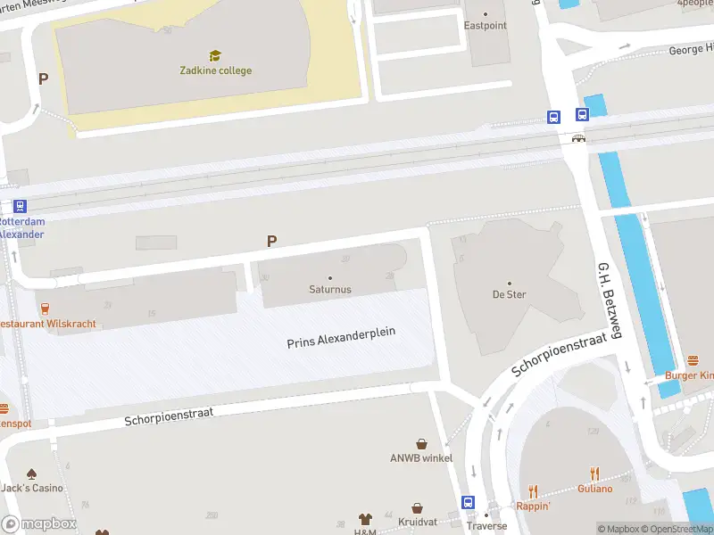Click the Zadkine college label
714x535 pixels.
(215, 70)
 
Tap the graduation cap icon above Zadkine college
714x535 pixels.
(215, 56)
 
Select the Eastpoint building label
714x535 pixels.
(485, 26)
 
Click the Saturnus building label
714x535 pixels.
(330, 289)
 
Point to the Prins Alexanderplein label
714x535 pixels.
(341, 338)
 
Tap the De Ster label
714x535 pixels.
(510, 294)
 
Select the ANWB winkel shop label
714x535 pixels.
(421, 458)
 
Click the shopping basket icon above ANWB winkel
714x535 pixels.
(421, 443)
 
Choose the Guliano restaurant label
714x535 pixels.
(594, 488)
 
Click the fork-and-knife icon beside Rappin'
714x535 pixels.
(534, 490)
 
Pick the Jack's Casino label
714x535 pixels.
(32, 488)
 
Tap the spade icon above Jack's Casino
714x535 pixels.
(32, 473)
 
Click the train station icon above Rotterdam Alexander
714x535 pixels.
(20, 206)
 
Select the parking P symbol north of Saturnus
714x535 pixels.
(272, 241)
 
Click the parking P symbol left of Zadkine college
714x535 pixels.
(43, 78)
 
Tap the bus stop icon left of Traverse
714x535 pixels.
(468, 502)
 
